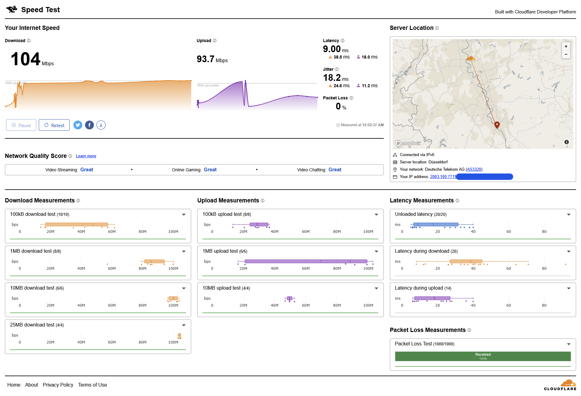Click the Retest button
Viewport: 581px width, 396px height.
(x=54, y=125)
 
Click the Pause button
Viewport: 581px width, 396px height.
(x=21, y=125)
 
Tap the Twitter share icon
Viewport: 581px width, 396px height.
(x=78, y=125)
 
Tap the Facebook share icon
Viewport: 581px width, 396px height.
(x=89, y=125)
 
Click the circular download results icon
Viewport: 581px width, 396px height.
(x=101, y=125)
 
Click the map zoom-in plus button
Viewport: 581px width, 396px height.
(x=566, y=46)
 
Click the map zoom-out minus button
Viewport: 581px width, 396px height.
(x=566, y=54)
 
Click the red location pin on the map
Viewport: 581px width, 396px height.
(x=497, y=124)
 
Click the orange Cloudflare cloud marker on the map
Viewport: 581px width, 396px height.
(x=470, y=58)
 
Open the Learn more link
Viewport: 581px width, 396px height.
(x=86, y=156)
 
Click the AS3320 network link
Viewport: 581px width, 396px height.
(x=474, y=169)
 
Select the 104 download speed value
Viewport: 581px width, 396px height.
(x=26, y=59)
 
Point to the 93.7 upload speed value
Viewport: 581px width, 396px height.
(x=205, y=59)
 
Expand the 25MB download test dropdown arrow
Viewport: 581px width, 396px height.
(x=184, y=325)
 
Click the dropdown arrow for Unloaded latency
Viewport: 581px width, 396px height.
(x=569, y=215)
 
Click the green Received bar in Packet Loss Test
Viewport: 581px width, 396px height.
(x=483, y=356)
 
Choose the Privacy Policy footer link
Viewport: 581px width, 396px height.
(x=58, y=385)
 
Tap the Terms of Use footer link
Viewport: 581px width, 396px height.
(x=93, y=385)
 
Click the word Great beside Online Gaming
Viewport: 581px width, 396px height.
(x=210, y=170)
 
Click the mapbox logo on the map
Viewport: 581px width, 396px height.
(x=408, y=143)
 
